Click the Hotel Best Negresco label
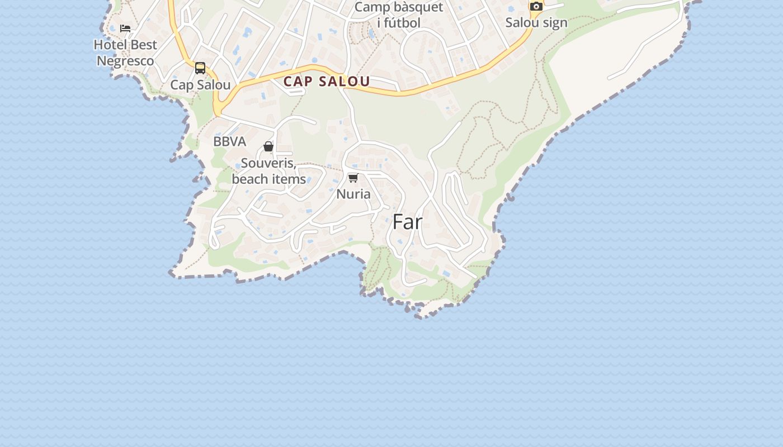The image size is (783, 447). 125,53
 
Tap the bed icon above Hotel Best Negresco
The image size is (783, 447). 125,28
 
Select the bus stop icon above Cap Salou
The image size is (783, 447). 200,68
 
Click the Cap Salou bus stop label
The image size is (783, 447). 200,85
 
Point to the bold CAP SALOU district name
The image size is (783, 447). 327,82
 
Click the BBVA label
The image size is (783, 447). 229,141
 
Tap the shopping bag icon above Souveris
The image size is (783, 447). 268,147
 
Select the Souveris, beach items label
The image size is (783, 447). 268,171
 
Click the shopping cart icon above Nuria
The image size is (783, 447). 353,178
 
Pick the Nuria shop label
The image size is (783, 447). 353,194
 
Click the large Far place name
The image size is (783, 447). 407,222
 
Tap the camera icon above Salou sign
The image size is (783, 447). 536,7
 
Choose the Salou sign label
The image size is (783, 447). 536,22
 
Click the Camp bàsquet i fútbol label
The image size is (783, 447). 399,15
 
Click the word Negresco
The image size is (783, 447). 125,61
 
